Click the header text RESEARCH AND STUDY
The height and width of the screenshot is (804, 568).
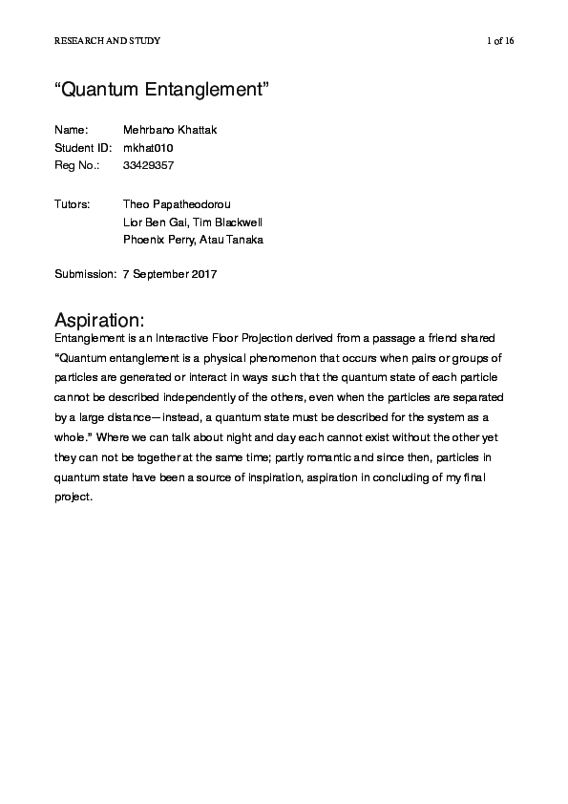pyautogui.click(x=107, y=40)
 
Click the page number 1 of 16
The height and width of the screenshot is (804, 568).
pyautogui.click(x=500, y=40)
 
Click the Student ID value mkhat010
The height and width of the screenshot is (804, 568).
pyautogui.click(x=149, y=148)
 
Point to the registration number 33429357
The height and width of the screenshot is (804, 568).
pyautogui.click(x=150, y=166)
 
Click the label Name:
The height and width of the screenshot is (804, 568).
pyautogui.click(x=72, y=130)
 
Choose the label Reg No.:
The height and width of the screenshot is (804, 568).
pyautogui.click(x=77, y=166)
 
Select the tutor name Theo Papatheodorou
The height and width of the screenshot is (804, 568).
pyautogui.click(x=177, y=203)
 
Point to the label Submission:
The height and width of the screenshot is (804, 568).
pyautogui.click(x=85, y=275)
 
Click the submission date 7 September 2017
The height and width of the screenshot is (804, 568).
pyautogui.click(x=171, y=275)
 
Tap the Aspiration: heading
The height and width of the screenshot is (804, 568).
pyautogui.click(x=99, y=319)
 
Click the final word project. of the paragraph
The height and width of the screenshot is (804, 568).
pyautogui.click(x=74, y=497)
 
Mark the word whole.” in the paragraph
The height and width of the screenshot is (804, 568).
pyautogui.click(x=75, y=437)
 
